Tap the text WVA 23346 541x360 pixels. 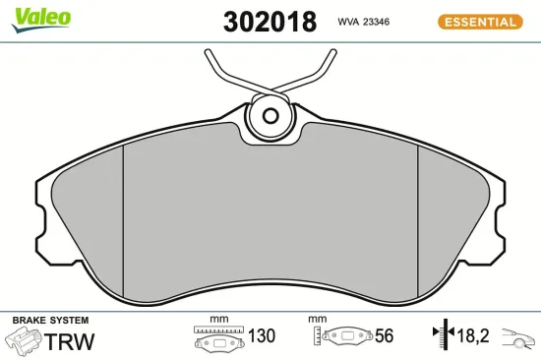click(366, 21)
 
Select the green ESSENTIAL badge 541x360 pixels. click(478, 22)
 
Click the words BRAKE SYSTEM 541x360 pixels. click(49, 321)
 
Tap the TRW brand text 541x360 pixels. click(71, 342)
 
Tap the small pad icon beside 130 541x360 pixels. click(218, 338)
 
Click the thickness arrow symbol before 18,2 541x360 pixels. click(442, 336)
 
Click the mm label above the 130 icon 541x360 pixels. click(218, 320)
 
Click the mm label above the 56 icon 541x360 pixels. click(317, 320)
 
